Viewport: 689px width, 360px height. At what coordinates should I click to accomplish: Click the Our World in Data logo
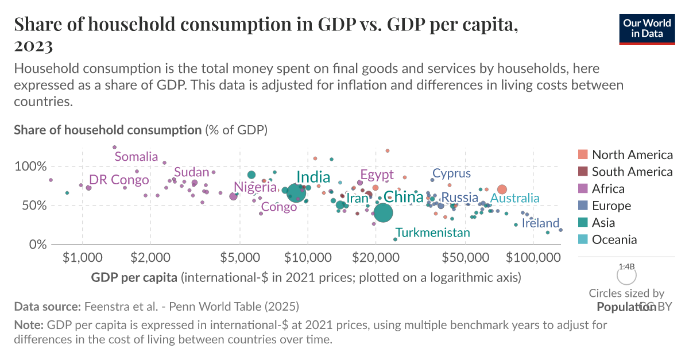pos(647,28)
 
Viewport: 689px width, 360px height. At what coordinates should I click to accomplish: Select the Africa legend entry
pos(608,189)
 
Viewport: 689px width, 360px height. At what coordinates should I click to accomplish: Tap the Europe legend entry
pos(611,206)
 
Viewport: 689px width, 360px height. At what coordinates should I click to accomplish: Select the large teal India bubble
pos(296,192)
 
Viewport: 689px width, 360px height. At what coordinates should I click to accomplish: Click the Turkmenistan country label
pos(433,233)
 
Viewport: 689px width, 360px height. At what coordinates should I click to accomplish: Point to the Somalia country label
pos(136,157)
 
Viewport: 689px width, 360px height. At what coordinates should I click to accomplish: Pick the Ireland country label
pos(540,223)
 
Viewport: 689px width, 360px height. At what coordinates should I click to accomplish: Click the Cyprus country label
pos(451,173)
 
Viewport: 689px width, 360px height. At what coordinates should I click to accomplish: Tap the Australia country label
pos(514,198)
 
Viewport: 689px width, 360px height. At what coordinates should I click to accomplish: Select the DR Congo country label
pos(119,180)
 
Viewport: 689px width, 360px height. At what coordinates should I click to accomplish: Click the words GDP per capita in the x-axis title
pos(134,278)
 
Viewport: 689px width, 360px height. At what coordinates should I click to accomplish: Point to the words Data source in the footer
pos(48,306)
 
